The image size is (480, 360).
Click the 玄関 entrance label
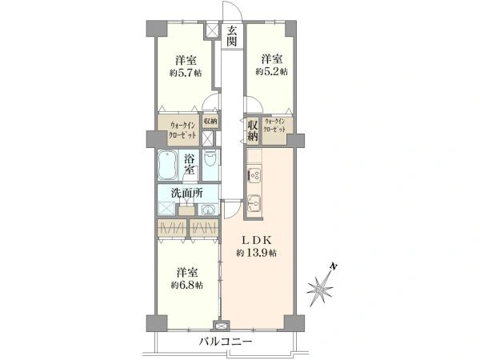click(x=231, y=36)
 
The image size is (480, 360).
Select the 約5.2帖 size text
click(x=271, y=71)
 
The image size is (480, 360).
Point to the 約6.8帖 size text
click(x=186, y=285)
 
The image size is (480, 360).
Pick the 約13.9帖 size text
click(x=256, y=253)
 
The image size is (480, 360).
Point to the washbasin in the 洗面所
click(x=207, y=210)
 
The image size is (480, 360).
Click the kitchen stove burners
click(x=253, y=174)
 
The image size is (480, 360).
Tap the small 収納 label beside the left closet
click(x=210, y=122)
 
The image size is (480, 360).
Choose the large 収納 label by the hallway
click(x=253, y=129)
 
